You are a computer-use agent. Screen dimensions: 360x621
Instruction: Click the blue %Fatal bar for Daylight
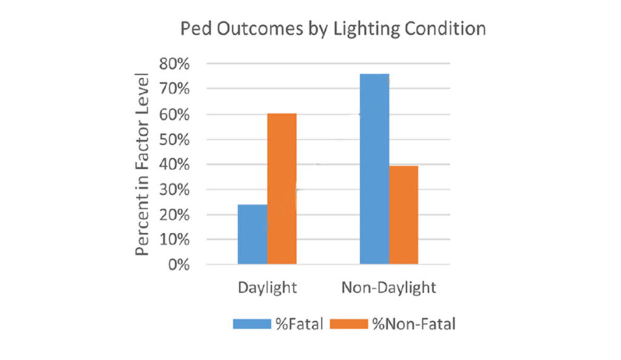(252, 234)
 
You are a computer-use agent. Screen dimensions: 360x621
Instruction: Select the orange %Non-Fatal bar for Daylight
(282, 188)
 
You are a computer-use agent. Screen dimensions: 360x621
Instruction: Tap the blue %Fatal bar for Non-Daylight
(374, 169)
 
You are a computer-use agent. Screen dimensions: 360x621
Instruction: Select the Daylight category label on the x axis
(267, 287)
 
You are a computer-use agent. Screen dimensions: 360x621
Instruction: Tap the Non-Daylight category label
(389, 287)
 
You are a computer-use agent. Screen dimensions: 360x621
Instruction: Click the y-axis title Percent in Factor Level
(143, 164)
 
